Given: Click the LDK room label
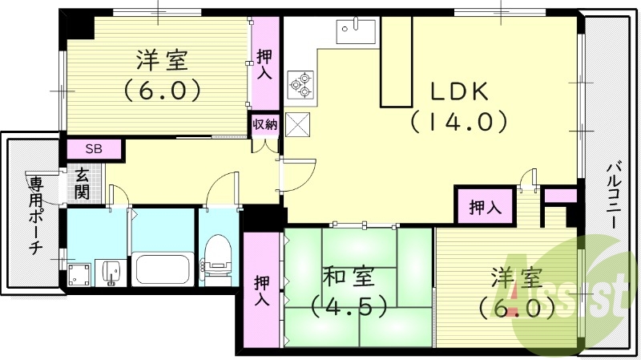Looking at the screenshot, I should coord(460,92).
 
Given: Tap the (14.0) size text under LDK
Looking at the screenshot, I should coord(460,122).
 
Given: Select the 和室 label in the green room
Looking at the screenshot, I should coord(345,277).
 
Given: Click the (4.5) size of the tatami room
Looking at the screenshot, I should coord(349,306).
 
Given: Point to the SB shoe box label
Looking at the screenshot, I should coord(94,149).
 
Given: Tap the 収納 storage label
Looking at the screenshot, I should coord(265,124).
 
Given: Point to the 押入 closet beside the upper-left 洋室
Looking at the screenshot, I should coord(264,64).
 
